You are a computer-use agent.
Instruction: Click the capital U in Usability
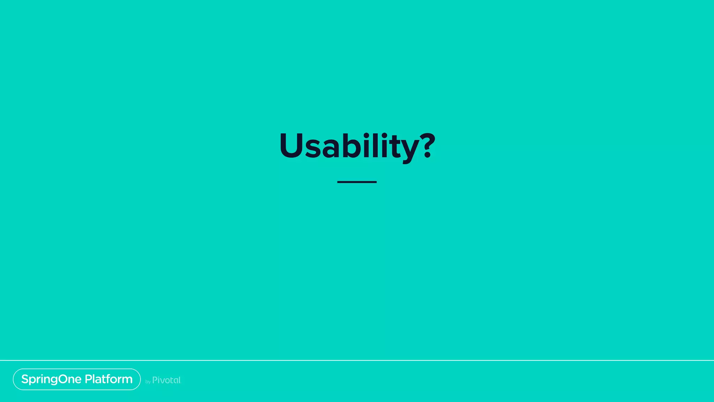click(292, 146)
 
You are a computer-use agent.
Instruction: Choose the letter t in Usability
click(395, 147)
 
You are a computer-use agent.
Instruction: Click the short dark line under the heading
click(357, 182)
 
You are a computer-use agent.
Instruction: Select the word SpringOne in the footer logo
click(51, 379)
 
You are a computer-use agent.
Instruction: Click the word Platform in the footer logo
click(108, 379)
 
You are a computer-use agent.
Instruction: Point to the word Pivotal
click(166, 380)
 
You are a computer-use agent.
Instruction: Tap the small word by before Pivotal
click(148, 382)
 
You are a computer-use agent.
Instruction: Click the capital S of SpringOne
click(25, 379)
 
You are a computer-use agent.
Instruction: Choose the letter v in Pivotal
click(162, 381)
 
